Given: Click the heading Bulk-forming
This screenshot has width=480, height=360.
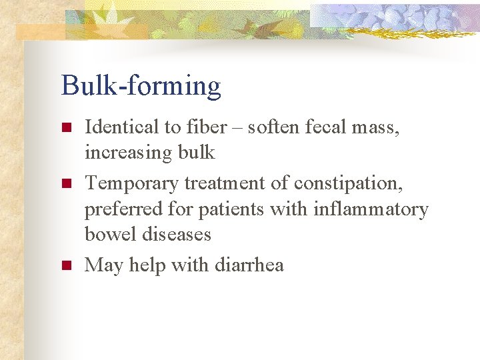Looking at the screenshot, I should pos(141,87).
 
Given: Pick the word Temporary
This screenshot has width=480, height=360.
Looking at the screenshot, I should pos(132,183).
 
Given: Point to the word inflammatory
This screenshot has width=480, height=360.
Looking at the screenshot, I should pos(371,209).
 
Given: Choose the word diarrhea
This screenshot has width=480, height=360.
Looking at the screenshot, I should pos(249,265).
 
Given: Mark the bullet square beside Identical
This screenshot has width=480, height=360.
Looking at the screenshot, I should pos(66,127).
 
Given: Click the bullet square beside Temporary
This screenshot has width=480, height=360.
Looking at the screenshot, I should pos(66,183).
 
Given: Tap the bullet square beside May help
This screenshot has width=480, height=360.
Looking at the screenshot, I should pos(66,265).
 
